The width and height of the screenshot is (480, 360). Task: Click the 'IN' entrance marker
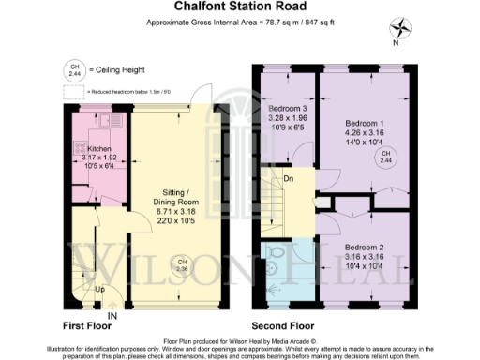(112, 317)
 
